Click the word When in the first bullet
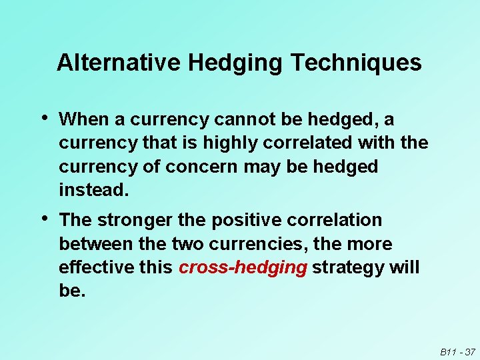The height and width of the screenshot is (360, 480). click(83, 119)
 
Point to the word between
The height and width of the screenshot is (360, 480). click(96, 244)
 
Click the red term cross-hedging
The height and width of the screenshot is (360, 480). click(243, 268)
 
